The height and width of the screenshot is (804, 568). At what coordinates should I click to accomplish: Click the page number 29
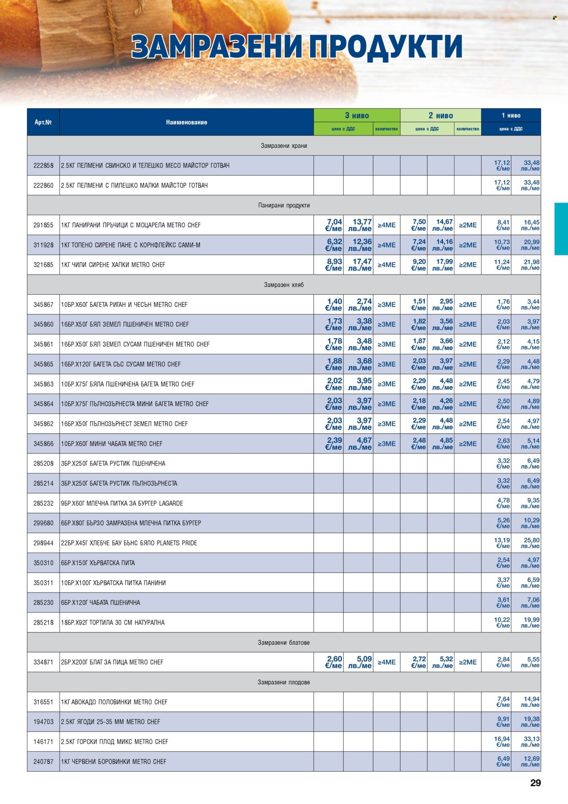(x=535, y=783)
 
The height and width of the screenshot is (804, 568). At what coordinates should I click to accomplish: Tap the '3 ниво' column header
(x=357, y=116)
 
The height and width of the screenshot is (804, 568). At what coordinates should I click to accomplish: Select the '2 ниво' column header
(x=440, y=116)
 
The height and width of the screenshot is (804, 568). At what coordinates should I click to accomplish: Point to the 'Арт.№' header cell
(x=43, y=122)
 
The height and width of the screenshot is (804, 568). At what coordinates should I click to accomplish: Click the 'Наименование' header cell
(x=186, y=122)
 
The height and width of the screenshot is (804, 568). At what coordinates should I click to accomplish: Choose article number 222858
(x=43, y=166)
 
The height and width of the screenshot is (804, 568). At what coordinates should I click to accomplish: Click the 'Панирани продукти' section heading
(x=284, y=205)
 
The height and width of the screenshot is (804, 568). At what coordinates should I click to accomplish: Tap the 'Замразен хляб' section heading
(x=284, y=285)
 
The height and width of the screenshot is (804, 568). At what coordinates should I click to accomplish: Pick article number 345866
(x=43, y=443)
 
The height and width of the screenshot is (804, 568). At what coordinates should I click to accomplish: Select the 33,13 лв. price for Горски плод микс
(x=531, y=741)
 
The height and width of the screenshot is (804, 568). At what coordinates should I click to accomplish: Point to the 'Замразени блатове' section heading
(x=284, y=643)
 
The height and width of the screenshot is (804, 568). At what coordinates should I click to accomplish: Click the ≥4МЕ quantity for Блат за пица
(x=386, y=662)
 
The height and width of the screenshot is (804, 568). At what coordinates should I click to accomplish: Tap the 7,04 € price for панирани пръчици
(x=334, y=225)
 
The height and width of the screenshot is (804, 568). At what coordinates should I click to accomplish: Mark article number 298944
(x=43, y=543)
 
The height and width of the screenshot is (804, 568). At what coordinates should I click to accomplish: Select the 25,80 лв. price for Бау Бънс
(x=531, y=543)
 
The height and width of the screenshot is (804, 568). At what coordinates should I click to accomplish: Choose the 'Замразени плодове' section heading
(x=284, y=682)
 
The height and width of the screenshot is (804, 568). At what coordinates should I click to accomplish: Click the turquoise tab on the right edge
(x=561, y=229)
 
